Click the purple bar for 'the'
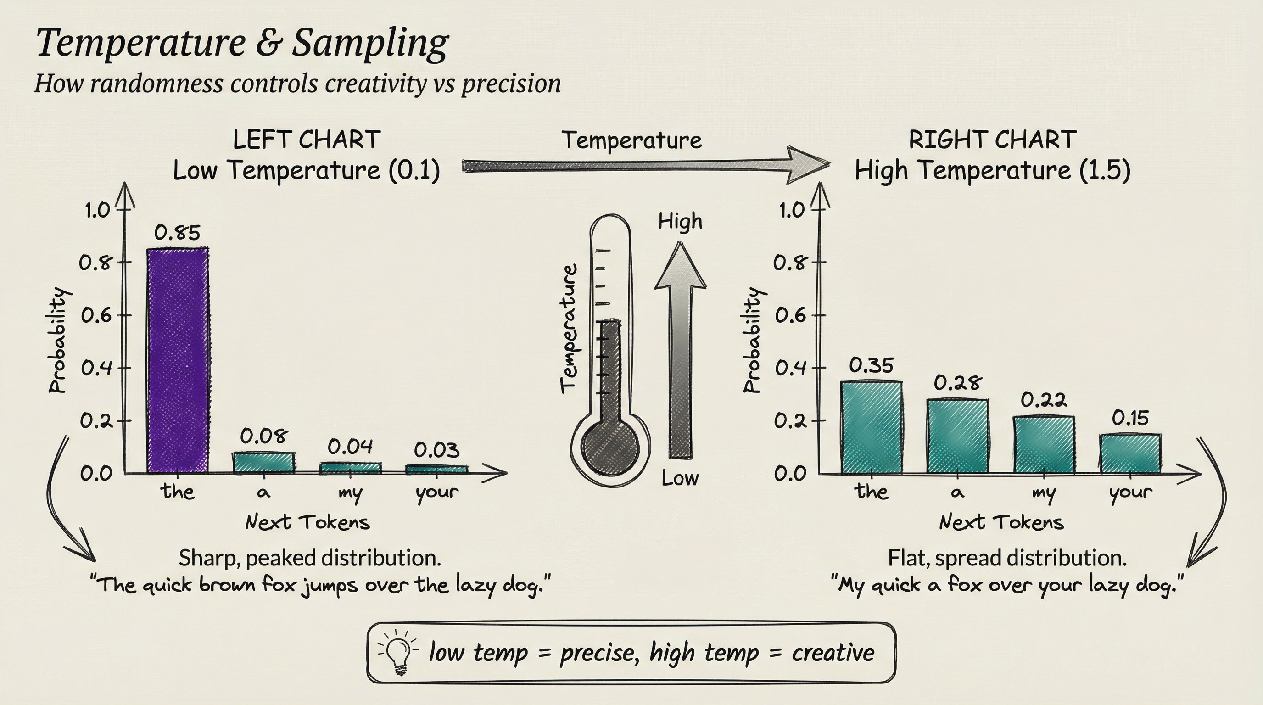tap(178, 360)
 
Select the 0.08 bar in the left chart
tap(264, 462)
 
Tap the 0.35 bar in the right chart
tap(871, 427)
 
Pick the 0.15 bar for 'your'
tap(1130, 453)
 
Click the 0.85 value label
tap(177, 232)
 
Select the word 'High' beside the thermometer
tap(680, 222)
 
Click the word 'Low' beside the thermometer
tap(680, 478)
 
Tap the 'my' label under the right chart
tap(1044, 492)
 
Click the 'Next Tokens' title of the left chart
tap(307, 523)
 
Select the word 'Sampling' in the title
tap(370, 43)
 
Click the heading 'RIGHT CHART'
tap(992, 140)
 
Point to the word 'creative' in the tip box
tap(833, 653)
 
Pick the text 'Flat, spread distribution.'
tap(1007, 559)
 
